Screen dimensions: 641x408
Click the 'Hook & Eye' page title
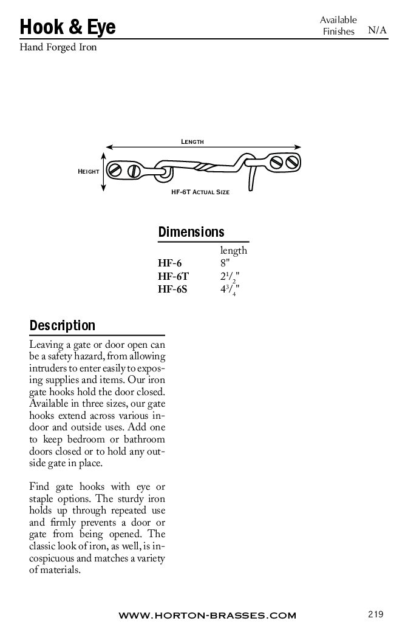point(67,27)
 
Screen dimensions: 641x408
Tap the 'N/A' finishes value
point(377,30)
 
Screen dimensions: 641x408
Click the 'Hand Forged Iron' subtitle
point(58,47)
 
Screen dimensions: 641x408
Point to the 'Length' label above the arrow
point(192,141)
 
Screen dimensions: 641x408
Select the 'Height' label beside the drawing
point(89,172)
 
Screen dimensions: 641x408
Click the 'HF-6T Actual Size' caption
point(200,191)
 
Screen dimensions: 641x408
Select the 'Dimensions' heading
point(191,232)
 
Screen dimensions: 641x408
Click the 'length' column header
point(234,251)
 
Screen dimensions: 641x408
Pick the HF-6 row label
point(169,263)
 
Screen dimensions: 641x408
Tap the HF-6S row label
point(172,290)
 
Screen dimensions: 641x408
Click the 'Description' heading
point(63,325)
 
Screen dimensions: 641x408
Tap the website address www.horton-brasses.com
point(207,616)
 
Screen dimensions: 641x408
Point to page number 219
point(376,614)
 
